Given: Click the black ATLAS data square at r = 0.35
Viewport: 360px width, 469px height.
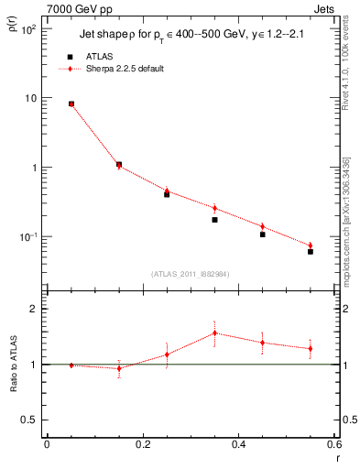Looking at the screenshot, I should (214, 220).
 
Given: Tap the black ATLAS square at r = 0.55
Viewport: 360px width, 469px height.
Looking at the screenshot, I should (311, 251).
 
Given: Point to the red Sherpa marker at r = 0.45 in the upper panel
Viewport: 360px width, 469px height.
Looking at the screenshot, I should (263, 226).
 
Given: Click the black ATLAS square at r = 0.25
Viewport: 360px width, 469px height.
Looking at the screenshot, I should (167, 194).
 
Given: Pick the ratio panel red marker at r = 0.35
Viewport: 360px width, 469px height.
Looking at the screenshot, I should (214, 333).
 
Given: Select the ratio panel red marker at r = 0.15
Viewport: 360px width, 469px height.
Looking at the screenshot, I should (119, 368).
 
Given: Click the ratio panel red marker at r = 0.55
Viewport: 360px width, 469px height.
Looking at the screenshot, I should (311, 348).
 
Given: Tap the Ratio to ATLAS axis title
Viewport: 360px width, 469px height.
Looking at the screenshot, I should (12, 365).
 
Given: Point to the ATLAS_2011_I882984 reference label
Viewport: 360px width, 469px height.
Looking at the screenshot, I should (190, 274).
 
